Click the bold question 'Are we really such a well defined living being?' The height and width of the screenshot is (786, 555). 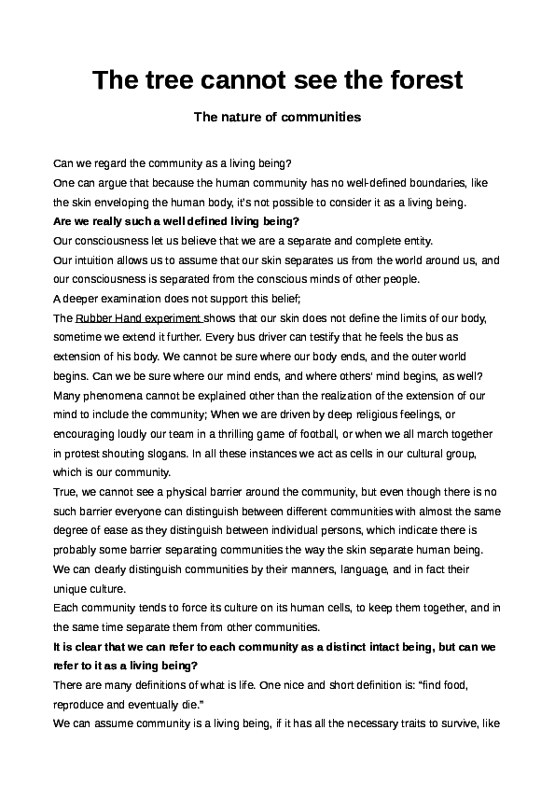[x=176, y=220]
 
